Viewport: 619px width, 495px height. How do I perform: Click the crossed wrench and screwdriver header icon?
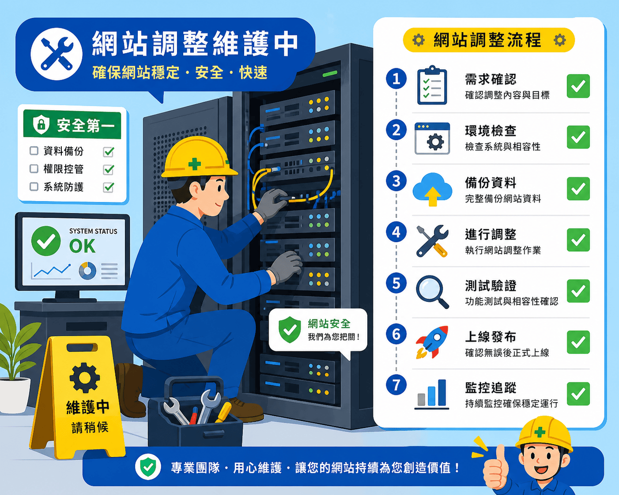[x=57, y=54]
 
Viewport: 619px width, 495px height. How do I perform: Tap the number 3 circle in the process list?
[x=396, y=181]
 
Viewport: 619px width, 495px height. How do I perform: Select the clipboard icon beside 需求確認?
[x=432, y=85]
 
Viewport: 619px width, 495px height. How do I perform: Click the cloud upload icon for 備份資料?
[x=432, y=189]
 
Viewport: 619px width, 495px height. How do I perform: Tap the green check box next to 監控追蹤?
[x=578, y=394]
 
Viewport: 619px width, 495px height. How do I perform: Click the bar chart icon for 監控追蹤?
[x=432, y=394]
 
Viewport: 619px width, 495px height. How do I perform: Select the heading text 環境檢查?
[x=491, y=131]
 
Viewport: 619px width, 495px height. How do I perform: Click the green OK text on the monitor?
[x=82, y=246]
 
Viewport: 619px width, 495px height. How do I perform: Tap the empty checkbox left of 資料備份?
[x=34, y=150]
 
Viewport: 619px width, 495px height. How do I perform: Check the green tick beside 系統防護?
[x=109, y=187]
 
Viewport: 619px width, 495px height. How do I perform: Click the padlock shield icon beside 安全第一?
[x=41, y=124]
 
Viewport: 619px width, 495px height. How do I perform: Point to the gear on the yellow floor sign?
[x=85, y=378]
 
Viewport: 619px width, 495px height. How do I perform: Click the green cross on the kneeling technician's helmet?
[x=194, y=164]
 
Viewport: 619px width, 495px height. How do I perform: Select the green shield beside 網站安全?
[x=290, y=330]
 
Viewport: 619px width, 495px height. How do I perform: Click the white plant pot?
[x=15, y=395]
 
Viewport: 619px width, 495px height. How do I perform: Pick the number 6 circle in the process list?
[x=396, y=334]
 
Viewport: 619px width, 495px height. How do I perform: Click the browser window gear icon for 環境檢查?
[x=432, y=138]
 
